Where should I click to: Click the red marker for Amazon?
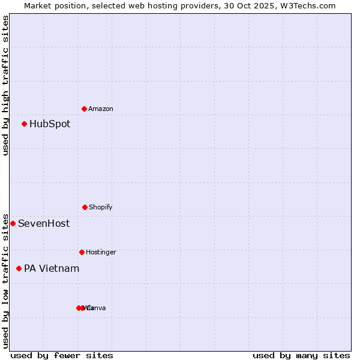click(84, 109)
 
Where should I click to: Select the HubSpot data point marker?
click(24, 124)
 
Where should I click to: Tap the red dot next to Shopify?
click(85, 207)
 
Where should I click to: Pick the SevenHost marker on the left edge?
click(13, 223)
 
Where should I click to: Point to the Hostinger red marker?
click(82, 252)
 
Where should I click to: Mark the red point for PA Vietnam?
click(19, 268)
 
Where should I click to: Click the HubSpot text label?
click(50, 124)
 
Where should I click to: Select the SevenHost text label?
click(44, 224)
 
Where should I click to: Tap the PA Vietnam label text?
click(52, 269)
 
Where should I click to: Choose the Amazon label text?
click(101, 109)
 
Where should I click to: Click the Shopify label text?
click(101, 208)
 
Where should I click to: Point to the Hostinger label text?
click(101, 253)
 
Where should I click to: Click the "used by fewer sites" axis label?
click(62, 355)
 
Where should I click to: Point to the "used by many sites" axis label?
click(301, 355)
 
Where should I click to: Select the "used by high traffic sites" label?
click(5, 85)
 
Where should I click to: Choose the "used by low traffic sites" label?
click(5, 280)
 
